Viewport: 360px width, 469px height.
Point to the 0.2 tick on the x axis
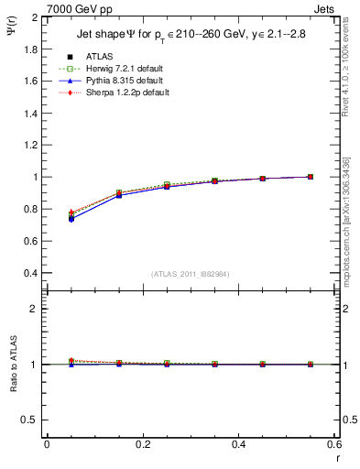coord(142,444)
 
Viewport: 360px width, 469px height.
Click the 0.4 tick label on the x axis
coord(238,444)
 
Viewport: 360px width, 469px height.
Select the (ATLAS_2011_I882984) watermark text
coord(190,274)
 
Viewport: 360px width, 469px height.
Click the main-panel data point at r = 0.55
coord(311,177)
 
